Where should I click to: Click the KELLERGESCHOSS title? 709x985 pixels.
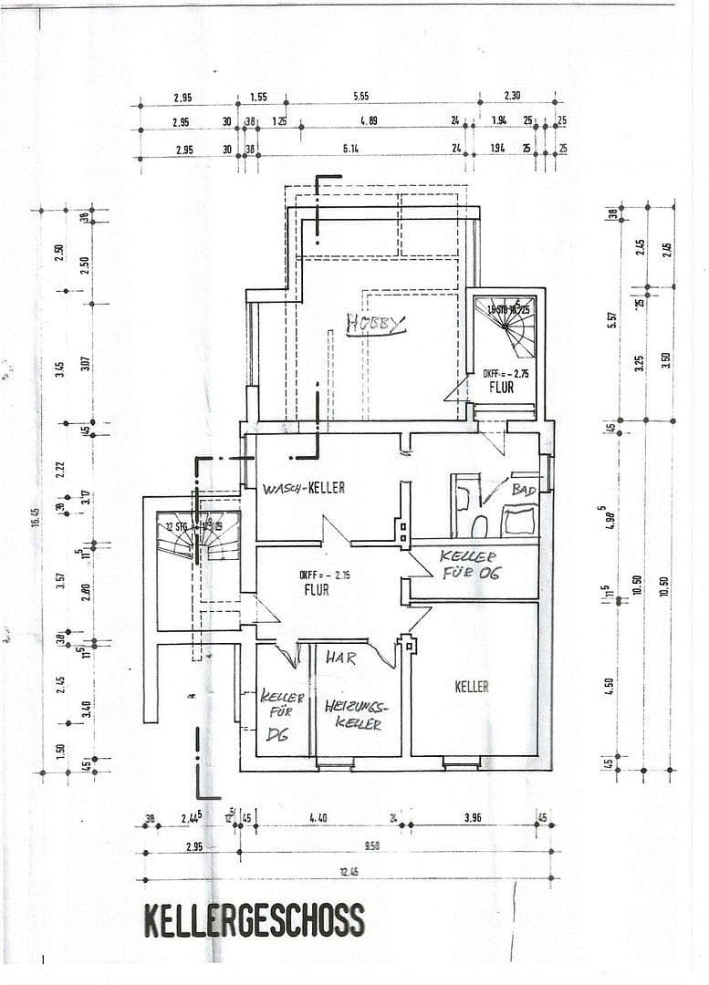[x=254, y=920]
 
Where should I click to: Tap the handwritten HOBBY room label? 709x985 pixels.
[x=375, y=324]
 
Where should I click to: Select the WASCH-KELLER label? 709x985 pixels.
[x=304, y=488]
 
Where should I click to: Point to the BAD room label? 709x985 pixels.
[x=524, y=490]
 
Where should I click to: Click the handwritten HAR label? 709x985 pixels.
[x=341, y=656]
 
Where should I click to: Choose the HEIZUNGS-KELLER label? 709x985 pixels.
[x=357, y=714]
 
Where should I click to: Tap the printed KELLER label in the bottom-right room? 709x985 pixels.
[x=472, y=687]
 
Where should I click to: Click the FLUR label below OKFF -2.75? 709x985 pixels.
[x=501, y=387]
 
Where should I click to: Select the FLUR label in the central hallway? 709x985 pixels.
[x=316, y=589]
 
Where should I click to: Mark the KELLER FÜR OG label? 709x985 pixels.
[x=469, y=565]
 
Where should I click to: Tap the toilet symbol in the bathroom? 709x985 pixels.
[x=479, y=526]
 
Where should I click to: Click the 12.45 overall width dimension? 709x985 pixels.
[x=349, y=872]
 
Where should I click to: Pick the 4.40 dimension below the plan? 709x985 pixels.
[x=318, y=818]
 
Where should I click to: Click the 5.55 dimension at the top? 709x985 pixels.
[x=360, y=97]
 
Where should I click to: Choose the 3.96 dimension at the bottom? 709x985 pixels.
[x=472, y=818]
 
